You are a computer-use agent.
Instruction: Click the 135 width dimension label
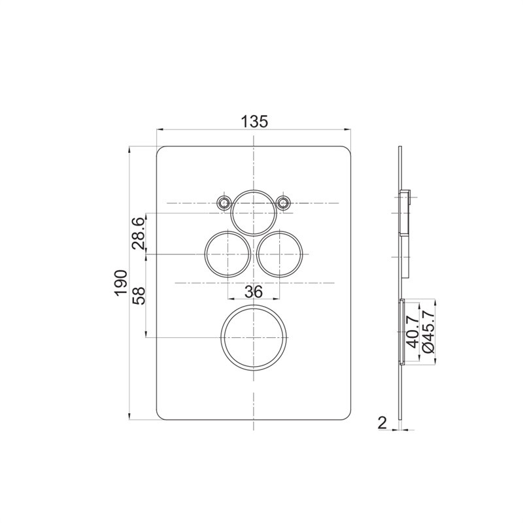point(254,122)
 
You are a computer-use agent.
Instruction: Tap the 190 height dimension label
point(121,283)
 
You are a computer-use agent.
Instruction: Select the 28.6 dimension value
point(139,233)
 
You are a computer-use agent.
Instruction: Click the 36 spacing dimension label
point(254,292)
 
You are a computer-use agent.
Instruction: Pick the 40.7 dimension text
point(413,332)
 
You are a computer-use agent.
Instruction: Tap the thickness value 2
point(382,423)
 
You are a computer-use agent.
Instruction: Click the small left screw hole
point(224,203)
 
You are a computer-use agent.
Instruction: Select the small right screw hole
point(284,203)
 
